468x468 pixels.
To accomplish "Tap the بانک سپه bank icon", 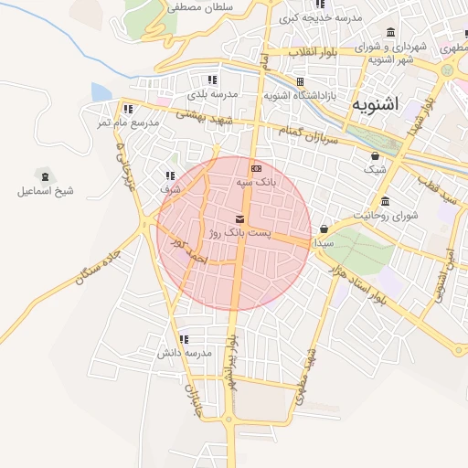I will [255, 168].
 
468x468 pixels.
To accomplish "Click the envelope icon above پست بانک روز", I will [239, 219].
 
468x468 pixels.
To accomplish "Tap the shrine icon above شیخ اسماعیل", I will [42, 174].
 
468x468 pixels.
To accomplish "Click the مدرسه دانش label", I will [184, 353].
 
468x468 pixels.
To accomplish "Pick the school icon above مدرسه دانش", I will [185, 338].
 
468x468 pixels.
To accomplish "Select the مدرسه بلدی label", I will [212, 94].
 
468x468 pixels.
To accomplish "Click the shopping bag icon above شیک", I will [376, 156].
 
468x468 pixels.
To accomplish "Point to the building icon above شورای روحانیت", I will [385, 201].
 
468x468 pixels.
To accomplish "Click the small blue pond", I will [101, 92].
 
